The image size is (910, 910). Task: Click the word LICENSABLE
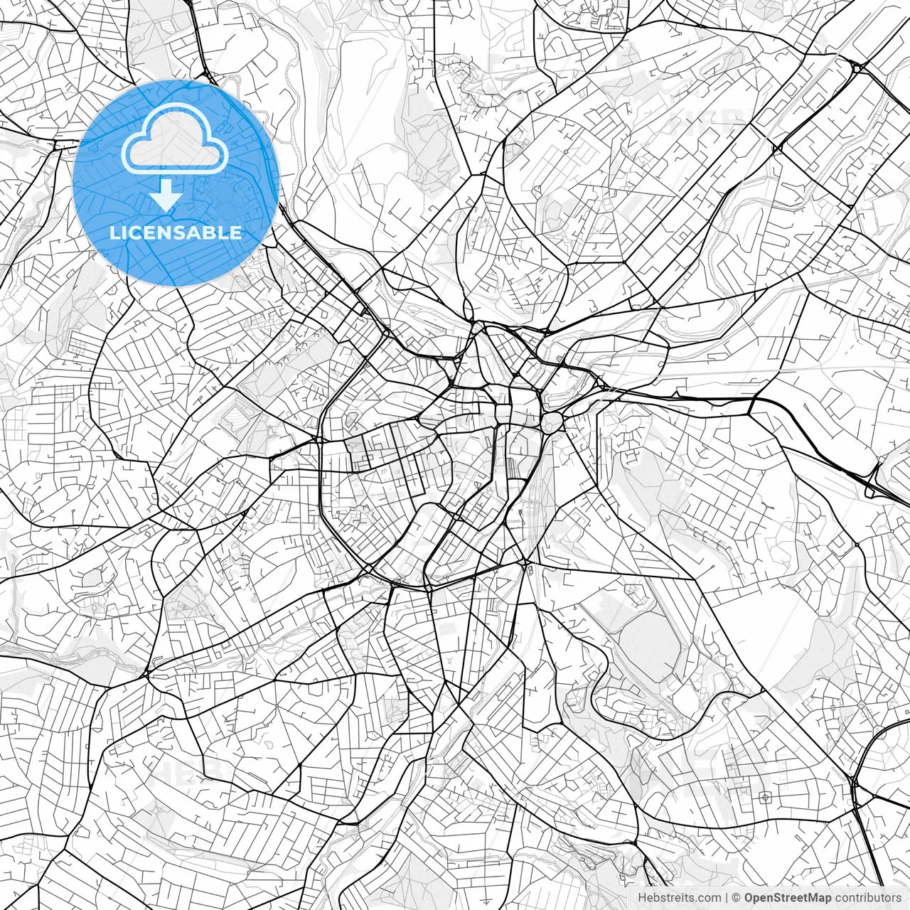pyautogui.click(x=175, y=232)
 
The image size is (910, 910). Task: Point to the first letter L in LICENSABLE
pyautogui.click(x=114, y=232)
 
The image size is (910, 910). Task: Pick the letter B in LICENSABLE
pyautogui.click(x=211, y=232)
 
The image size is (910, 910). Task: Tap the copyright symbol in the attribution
pyautogui.click(x=737, y=898)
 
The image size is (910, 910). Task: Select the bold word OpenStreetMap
pyautogui.click(x=787, y=898)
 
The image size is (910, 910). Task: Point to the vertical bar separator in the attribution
pyautogui.click(x=726, y=898)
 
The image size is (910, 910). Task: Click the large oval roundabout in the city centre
pyautogui.click(x=552, y=422)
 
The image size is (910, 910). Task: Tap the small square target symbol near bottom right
pyautogui.click(x=765, y=796)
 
